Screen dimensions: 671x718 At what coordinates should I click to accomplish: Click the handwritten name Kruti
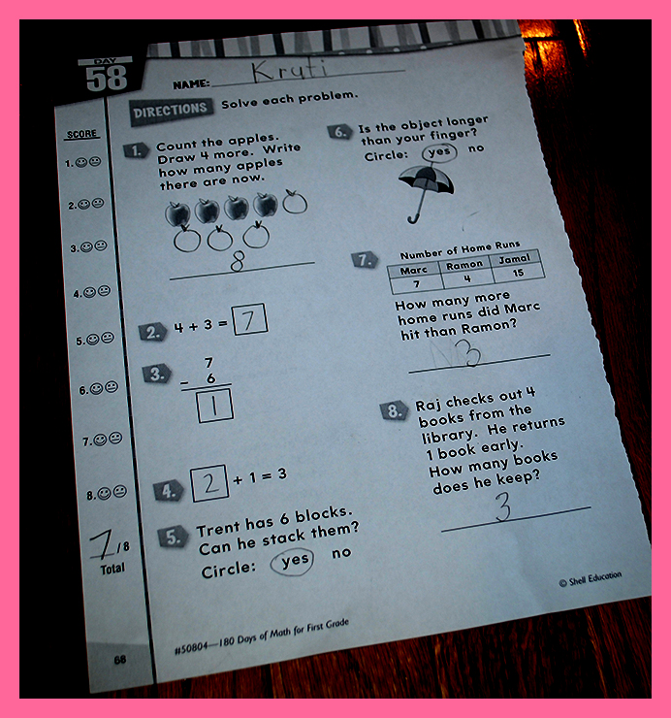[289, 71]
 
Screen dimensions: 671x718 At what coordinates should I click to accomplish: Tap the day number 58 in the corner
[107, 78]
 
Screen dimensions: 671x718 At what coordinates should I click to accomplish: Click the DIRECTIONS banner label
[171, 111]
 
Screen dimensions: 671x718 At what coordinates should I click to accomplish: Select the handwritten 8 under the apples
[238, 261]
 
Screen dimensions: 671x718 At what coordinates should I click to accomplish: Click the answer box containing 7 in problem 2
[249, 319]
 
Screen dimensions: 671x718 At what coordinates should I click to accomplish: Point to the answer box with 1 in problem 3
[214, 406]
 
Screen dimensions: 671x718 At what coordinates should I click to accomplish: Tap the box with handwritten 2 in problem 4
[209, 483]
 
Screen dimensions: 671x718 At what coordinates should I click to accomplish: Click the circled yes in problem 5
[292, 562]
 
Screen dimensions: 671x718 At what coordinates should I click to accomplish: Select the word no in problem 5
[341, 553]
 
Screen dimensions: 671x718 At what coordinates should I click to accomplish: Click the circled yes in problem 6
[439, 152]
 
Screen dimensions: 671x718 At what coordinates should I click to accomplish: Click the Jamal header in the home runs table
[514, 259]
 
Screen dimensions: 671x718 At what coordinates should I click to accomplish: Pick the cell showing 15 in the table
[518, 274]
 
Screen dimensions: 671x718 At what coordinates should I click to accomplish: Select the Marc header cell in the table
[414, 270]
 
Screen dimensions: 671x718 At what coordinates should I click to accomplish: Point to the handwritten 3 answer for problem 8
[503, 506]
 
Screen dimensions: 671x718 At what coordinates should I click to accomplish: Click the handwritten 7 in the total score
[102, 544]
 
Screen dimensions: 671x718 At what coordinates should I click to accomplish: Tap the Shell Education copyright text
[591, 579]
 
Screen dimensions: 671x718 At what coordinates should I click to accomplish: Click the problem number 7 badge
[365, 260]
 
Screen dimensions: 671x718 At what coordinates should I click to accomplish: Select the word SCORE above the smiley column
[81, 134]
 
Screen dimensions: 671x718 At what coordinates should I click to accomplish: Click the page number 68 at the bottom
[120, 660]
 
